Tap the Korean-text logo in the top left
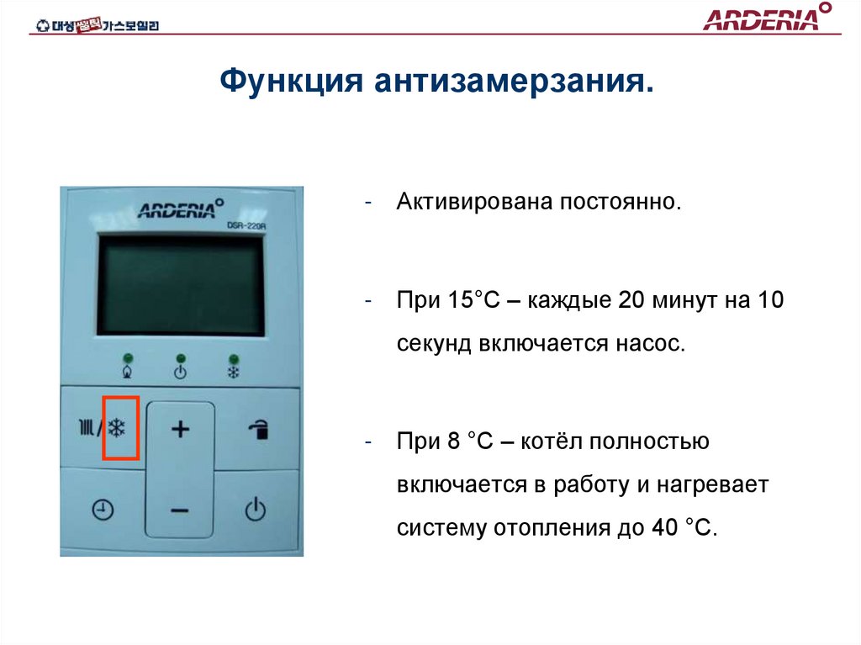tap(98, 25)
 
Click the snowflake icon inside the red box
tap(116, 429)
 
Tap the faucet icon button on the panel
tap(257, 431)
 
